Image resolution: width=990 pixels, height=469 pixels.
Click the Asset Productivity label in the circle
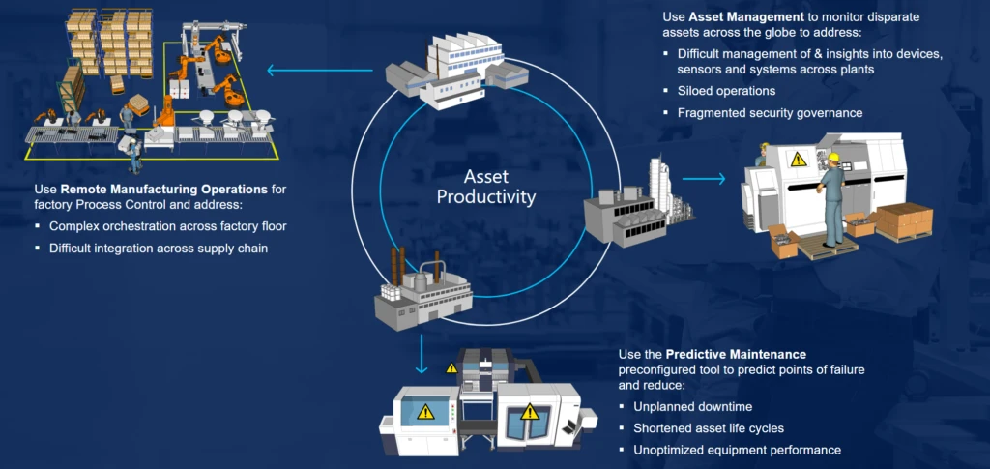(485, 187)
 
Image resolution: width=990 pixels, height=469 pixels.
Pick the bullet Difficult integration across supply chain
(158, 249)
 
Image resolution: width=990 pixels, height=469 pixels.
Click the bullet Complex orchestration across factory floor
(168, 226)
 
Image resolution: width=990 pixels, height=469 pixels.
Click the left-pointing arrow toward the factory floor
(319, 70)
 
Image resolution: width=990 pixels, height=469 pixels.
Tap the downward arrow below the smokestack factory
(422, 356)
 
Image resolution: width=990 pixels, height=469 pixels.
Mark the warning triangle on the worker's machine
(799, 161)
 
